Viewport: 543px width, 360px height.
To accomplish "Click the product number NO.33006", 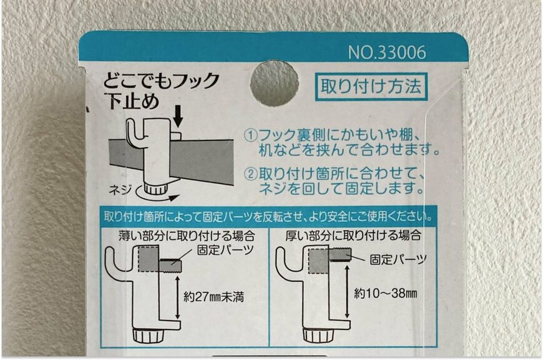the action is [387, 52].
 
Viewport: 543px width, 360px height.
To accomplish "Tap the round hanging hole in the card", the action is [274, 83].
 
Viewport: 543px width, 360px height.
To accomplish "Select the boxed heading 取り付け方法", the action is [371, 87].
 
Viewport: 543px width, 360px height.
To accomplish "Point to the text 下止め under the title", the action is [133, 102].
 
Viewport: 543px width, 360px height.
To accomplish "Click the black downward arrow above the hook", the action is [178, 117].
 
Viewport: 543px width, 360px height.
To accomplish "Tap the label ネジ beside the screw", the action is [120, 189].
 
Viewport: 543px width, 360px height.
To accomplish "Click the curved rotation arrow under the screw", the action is [157, 197].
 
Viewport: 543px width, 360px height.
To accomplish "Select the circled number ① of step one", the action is [250, 135].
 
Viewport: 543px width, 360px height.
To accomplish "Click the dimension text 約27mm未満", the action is [213, 297].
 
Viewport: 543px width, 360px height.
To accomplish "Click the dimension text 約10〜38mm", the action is [386, 294].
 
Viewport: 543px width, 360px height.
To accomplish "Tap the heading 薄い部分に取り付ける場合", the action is [187, 236].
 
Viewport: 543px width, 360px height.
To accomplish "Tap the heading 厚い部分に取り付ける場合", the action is [353, 235].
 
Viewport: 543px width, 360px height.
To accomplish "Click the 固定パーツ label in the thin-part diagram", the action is [225, 250].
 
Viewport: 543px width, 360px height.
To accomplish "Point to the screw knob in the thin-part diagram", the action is [149, 336].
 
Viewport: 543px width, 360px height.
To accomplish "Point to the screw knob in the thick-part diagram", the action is [318, 335].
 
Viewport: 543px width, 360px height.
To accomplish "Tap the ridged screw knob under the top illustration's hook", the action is [155, 188].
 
